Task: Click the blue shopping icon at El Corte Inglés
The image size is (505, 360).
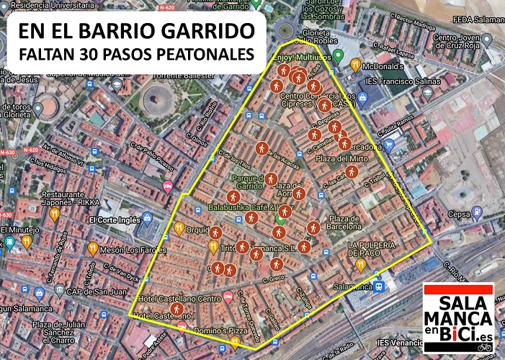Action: click(148, 217)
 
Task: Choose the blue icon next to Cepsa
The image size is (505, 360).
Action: click(476, 213)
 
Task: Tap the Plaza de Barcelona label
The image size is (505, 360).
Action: click(344, 223)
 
